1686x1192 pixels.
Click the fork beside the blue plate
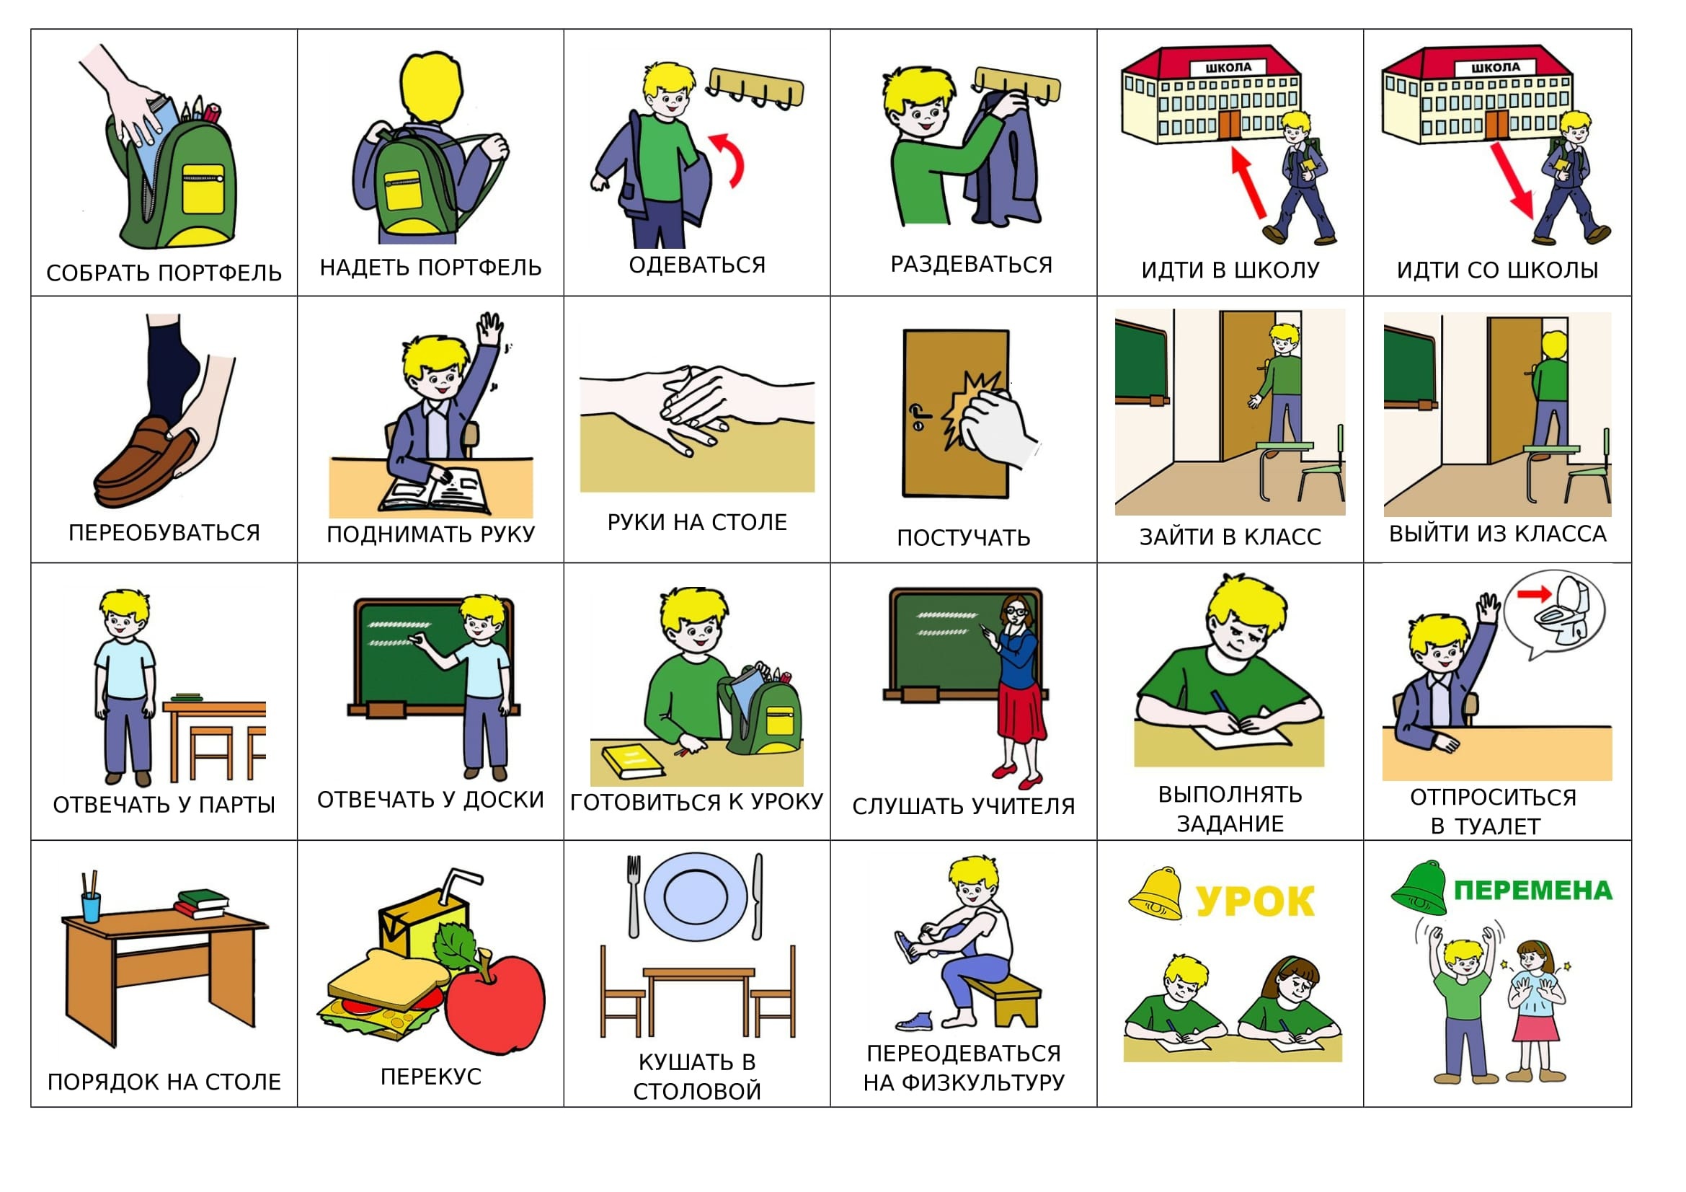point(634,896)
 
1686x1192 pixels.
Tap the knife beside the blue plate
point(758,896)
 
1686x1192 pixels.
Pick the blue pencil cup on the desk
point(90,907)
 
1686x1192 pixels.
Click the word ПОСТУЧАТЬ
point(964,539)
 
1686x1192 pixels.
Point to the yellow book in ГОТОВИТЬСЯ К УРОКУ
point(633,761)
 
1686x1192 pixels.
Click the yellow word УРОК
point(1255,901)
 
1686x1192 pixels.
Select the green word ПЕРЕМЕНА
point(1533,891)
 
